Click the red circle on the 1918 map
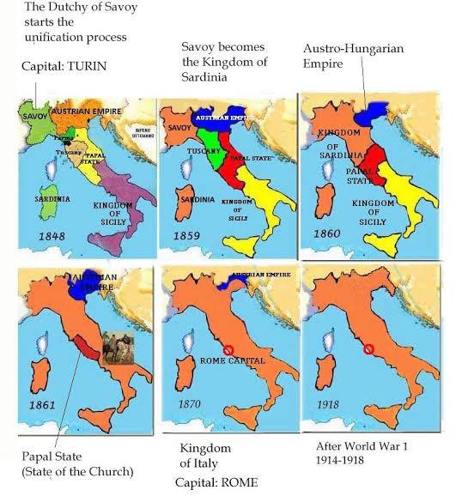(368, 349)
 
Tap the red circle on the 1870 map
(228, 350)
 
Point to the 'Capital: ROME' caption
(219, 482)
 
